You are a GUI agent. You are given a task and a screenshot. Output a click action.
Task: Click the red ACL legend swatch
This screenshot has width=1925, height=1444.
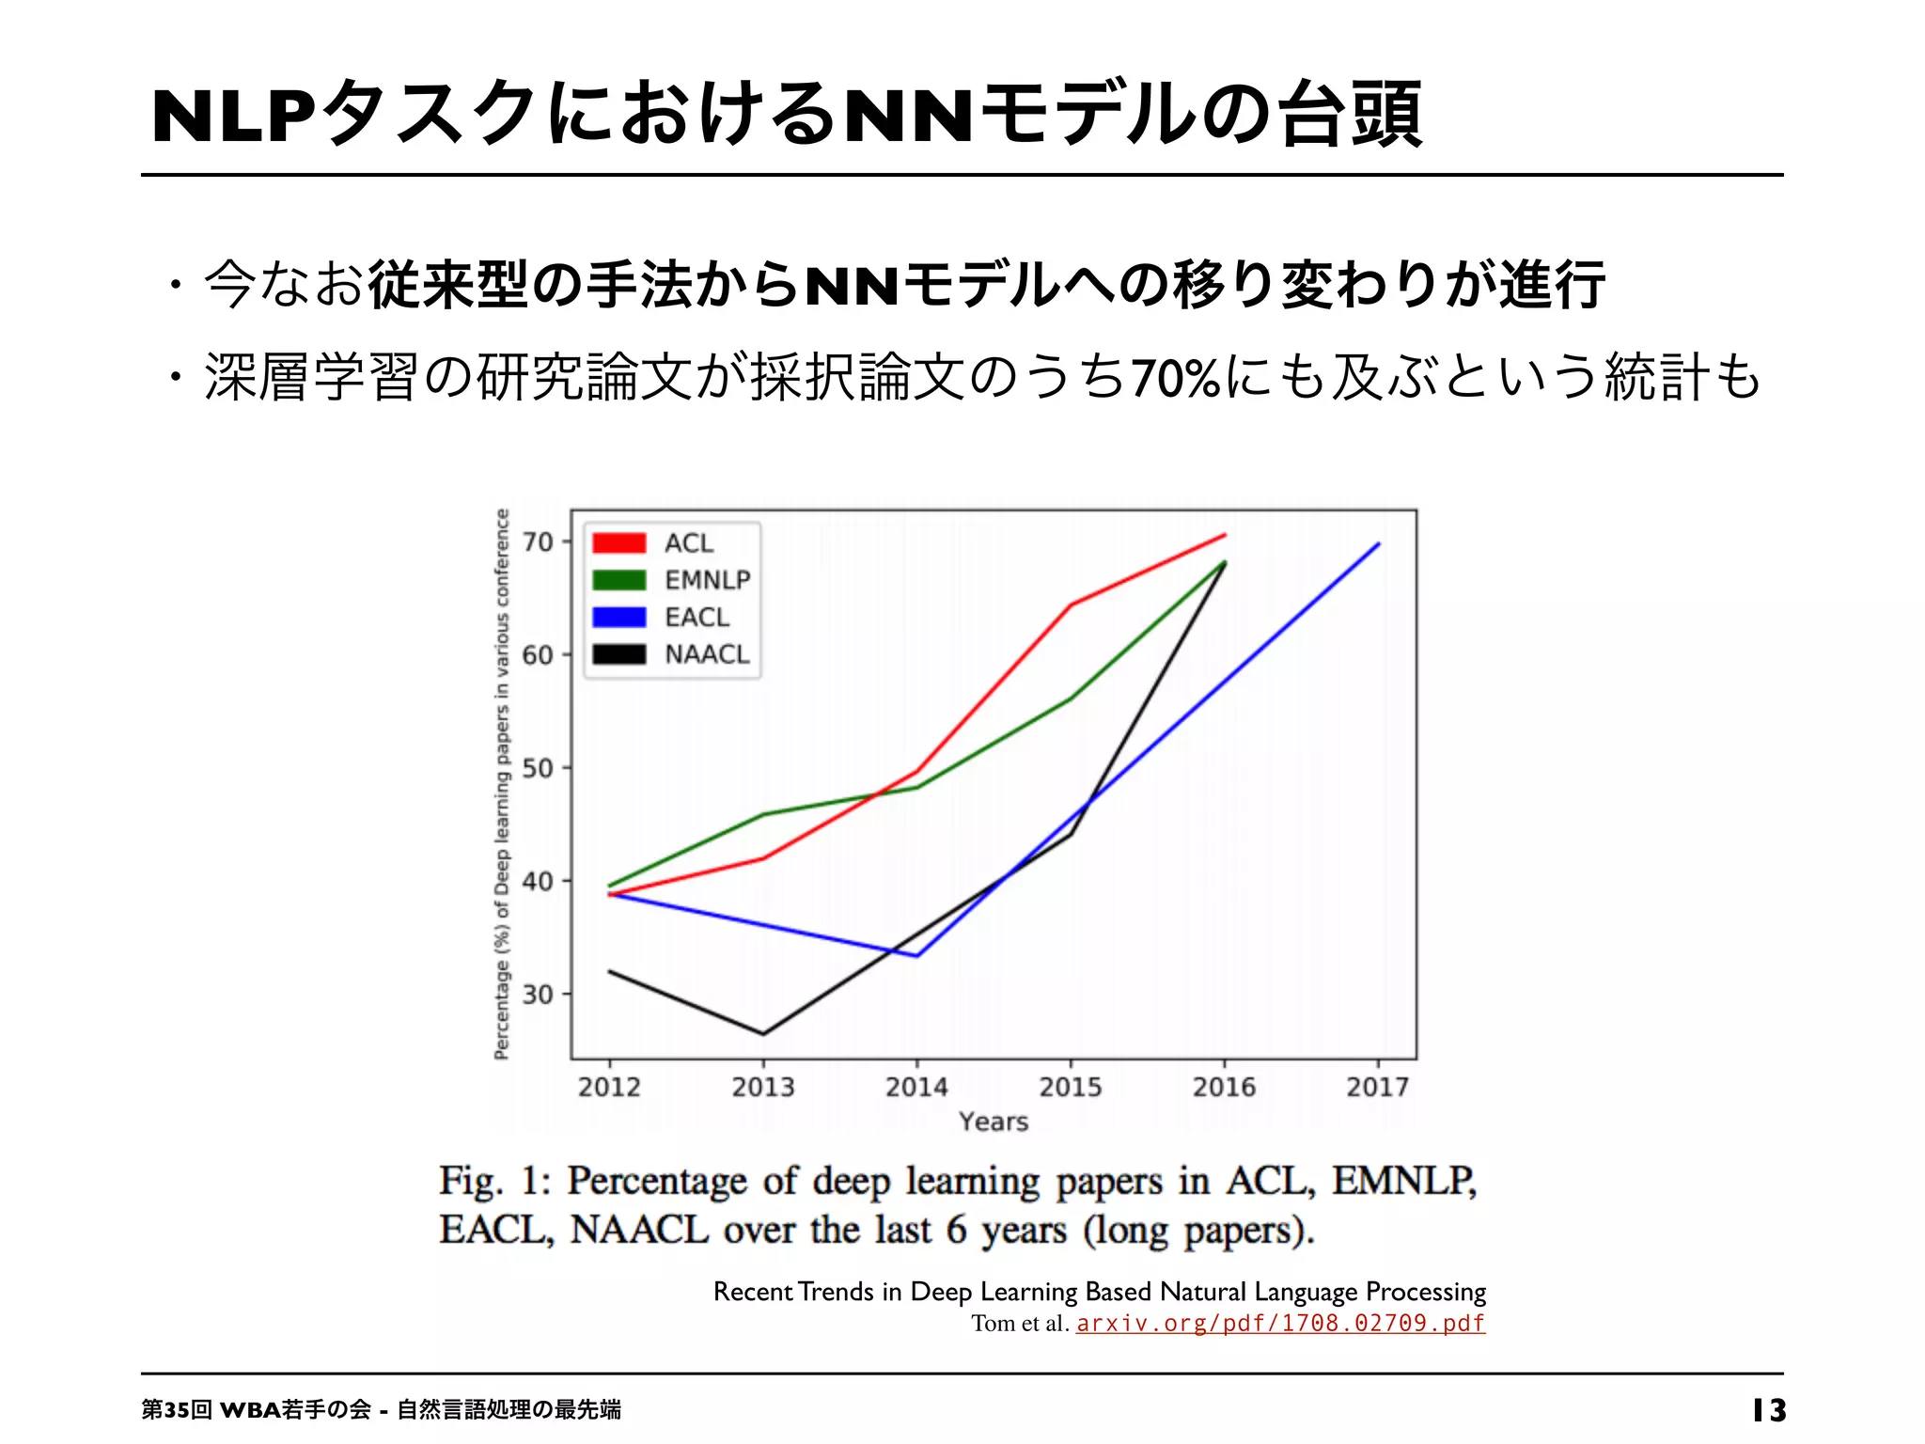(618, 542)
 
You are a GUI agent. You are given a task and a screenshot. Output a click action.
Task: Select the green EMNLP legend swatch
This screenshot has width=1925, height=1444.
(618, 580)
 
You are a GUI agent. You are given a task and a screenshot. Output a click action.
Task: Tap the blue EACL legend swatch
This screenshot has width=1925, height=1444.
(618, 617)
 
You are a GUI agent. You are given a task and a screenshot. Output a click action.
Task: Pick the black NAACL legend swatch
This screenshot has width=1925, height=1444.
(618, 654)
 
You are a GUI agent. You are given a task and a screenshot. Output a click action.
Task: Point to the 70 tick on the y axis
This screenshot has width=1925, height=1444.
(538, 541)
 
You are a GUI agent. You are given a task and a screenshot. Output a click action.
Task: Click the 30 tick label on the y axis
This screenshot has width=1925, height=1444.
(538, 994)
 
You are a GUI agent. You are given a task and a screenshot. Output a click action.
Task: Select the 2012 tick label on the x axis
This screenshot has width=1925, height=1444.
(609, 1087)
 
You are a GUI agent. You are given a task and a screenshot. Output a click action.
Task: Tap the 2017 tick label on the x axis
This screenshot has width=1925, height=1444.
(1377, 1087)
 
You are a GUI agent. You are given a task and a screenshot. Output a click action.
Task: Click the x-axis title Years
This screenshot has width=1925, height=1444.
(994, 1122)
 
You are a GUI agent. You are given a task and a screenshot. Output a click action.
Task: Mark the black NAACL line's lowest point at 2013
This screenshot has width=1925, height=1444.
(763, 1034)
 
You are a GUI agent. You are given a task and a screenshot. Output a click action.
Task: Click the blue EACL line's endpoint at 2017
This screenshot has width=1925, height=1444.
(1378, 543)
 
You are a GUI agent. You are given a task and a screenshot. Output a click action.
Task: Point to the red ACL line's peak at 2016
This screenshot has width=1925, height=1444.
(1225, 535)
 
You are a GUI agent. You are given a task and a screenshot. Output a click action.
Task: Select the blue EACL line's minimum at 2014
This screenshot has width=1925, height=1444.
(917, 956)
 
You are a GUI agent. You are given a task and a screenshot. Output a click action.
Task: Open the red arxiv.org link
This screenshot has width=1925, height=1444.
(1280, 1324)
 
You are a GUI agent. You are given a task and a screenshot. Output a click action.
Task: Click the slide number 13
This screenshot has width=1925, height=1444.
(1769, 1410)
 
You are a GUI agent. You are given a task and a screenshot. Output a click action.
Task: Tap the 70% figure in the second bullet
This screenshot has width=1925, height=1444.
(1175, 378)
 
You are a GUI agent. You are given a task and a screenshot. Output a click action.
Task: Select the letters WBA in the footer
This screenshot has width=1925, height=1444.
(250, 1410)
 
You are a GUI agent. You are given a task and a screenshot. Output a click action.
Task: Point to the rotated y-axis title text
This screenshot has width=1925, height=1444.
(502, 784)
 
